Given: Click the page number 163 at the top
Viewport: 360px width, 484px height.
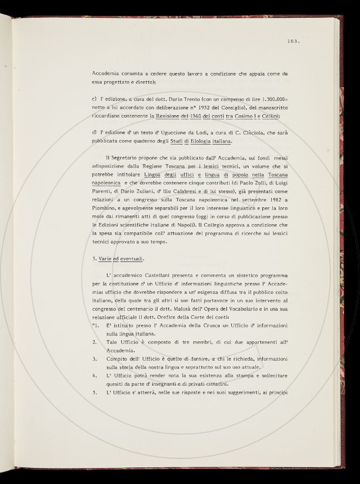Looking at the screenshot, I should (293, 42).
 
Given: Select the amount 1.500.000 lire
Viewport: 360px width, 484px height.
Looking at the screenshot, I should (274, 99).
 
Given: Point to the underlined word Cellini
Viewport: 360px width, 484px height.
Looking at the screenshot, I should (271, 116).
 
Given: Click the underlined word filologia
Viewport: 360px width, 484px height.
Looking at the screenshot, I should (200, 141).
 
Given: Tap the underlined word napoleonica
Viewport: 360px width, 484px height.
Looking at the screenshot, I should (106, 183).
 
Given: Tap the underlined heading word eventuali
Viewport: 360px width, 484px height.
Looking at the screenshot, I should (132, 258).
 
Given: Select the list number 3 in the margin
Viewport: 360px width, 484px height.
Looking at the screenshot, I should (95, 359).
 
